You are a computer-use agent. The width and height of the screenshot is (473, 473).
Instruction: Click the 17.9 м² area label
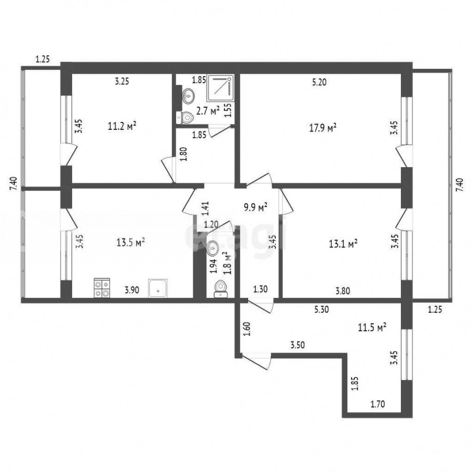pos(323,128)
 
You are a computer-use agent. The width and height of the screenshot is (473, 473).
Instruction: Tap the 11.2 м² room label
pos(122,126)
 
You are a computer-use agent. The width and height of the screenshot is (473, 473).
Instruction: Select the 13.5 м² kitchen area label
pos(131,242)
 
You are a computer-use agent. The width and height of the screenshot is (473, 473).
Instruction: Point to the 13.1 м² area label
pos(343,243)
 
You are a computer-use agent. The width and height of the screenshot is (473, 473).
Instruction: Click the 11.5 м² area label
pos(372,327)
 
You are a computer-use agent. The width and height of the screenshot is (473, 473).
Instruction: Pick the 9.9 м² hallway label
pos(255,208)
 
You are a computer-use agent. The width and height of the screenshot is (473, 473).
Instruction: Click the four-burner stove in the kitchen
pos(102,288)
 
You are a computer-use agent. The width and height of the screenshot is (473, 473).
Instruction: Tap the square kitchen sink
pos(158,289)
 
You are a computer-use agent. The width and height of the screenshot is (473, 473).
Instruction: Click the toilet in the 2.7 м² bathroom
pos(184,117)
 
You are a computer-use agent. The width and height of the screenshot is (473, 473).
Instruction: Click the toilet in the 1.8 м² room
pos(221,289)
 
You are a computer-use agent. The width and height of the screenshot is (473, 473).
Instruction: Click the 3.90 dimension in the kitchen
pos(132,290)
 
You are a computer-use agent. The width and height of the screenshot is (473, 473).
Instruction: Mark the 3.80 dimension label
pos(343,291)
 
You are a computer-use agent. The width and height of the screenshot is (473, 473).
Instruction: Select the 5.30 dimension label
pos(322,309)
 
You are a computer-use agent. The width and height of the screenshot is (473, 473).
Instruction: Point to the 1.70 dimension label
pos(378,404)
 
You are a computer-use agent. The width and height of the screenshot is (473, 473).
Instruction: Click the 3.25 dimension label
pos(122,81)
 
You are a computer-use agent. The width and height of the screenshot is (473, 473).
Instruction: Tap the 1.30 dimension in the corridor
pos(260,289)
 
